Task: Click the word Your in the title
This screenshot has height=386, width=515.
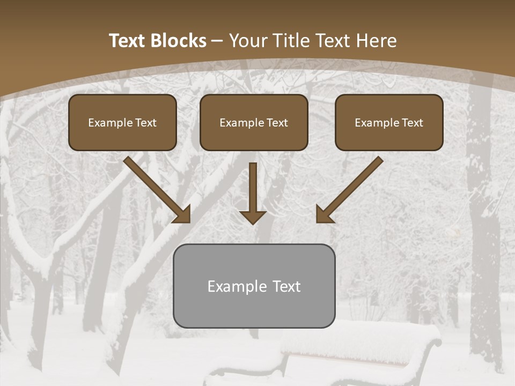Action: click(249, 41)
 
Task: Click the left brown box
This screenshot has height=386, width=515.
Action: click(122, 122)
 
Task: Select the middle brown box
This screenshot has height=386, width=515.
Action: click(254, 122)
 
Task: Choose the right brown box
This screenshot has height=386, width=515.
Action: click(389, 122)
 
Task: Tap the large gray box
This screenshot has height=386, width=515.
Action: click(254, 286)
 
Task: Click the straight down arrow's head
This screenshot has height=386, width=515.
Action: click(253, 217)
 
